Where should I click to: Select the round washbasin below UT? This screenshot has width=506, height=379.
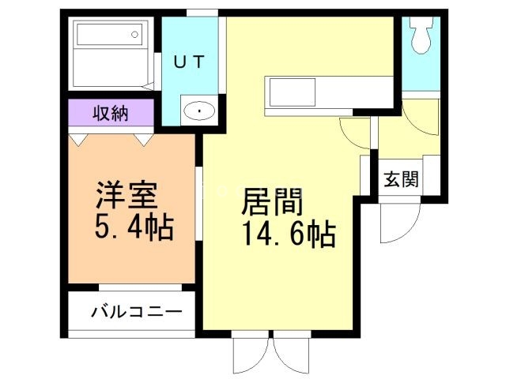198,112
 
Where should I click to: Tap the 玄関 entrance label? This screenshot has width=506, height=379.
401,179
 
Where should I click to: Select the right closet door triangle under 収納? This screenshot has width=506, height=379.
143,139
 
